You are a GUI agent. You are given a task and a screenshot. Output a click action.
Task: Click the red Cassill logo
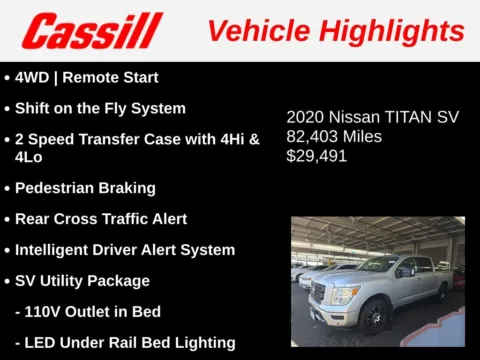[x=92, y=31]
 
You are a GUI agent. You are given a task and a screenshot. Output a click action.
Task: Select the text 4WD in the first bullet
[x=33, y=77]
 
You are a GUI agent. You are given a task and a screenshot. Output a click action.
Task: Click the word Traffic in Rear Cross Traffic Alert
[x=133, y=218]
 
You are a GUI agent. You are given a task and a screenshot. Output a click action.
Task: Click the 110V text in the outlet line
[x=45, y=311]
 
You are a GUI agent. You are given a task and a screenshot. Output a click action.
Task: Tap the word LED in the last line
[x=42, y=342]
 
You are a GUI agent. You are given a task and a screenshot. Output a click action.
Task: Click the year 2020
[x=306, y=117]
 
